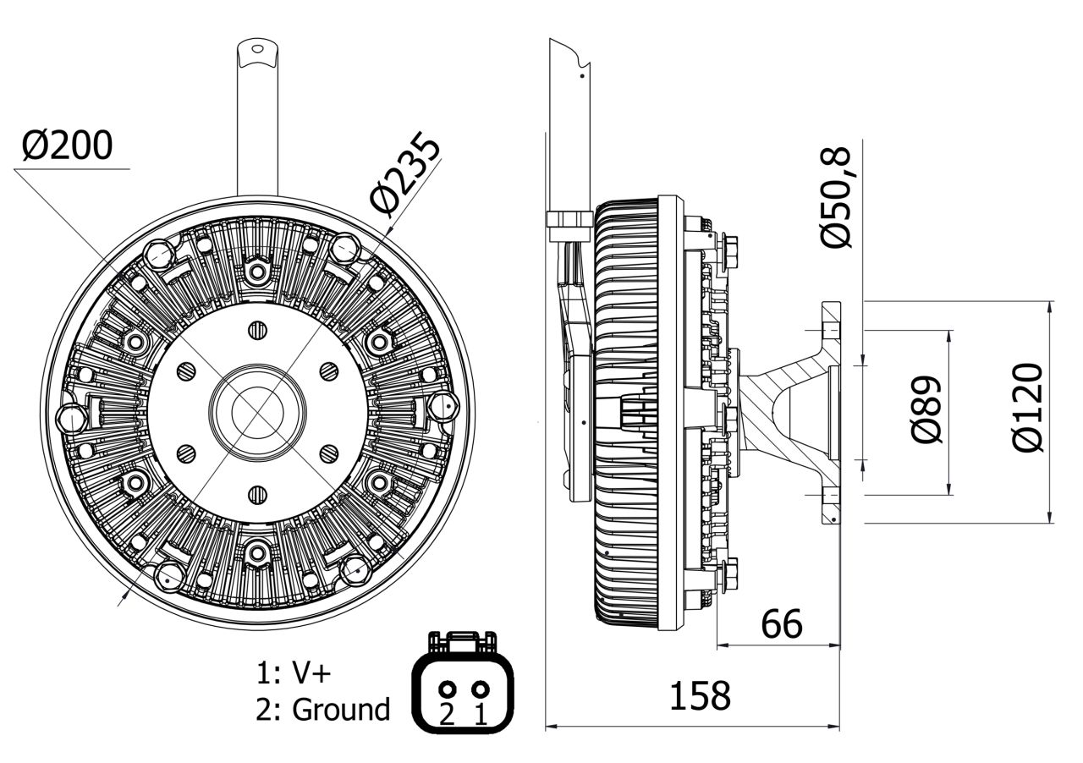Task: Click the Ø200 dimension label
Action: [67, 146]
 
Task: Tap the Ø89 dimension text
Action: [927, 409]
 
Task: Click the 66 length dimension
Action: [781, 624]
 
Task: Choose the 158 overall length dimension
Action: [699, 696]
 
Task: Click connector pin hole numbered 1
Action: [480, 689]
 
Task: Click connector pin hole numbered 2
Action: [448, 689]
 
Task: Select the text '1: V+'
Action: [294, 672]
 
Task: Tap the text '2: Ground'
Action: [322, 710]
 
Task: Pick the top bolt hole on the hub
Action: [258, 329]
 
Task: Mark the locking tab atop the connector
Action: [462, 641]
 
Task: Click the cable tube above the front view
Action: [257, 118]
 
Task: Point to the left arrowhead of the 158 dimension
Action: [550, 726]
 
